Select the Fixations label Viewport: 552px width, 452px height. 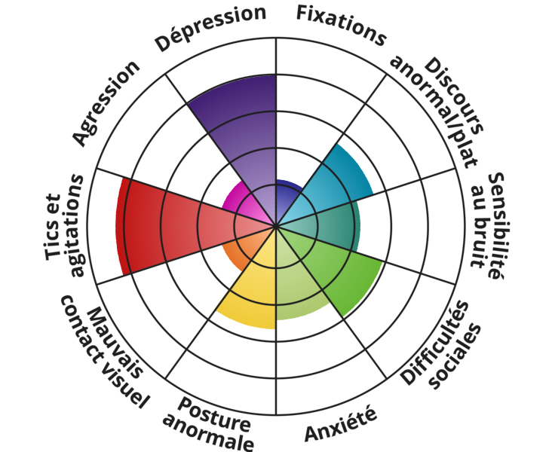(x=341, y=25)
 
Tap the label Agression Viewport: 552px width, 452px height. (x=106, y=102)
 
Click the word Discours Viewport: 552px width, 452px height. (x=454, y=96)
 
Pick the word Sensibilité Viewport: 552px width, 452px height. (x=495, y=226)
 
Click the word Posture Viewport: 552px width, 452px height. (x=214, y=414)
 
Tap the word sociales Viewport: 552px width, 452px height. (x=455, y=356)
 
